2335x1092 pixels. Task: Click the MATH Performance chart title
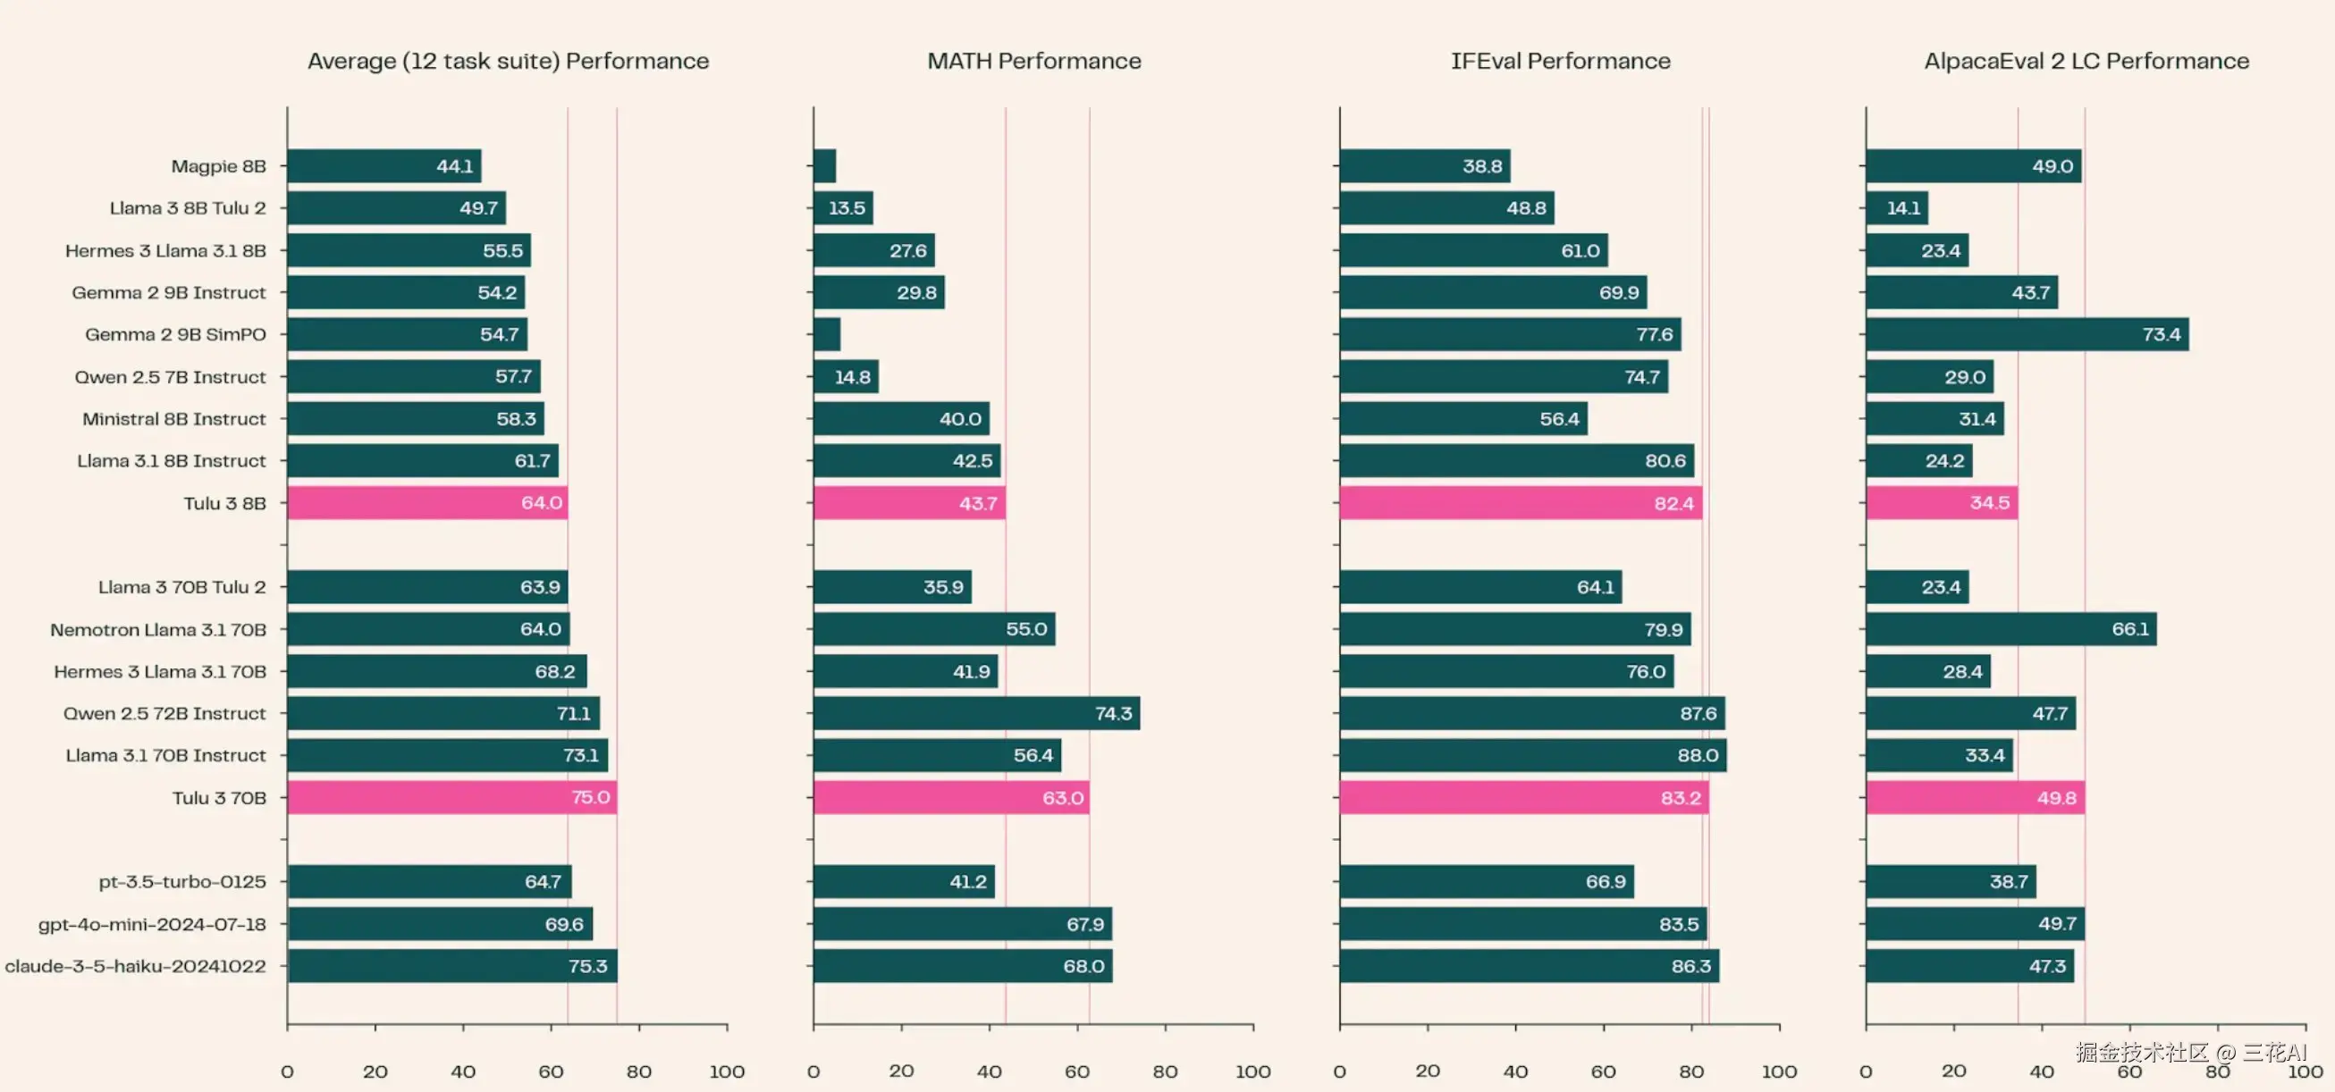[x=1033, y=61]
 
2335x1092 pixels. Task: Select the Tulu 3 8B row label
[x=224, y=503]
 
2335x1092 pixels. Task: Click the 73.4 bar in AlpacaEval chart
[x=2027, y=334]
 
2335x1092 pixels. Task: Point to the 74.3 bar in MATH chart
[x=976, y=713]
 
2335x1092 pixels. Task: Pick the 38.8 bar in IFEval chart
[x=1424, y=166]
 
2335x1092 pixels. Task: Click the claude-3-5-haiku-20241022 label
[x=136, y=966]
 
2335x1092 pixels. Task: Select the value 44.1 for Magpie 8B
[x=455, y=166]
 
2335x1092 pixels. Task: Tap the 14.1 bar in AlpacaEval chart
[x=1896, y=208]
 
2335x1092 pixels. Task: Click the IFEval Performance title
[x=1560, y=61]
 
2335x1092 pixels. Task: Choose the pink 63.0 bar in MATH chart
[x=951, y=797]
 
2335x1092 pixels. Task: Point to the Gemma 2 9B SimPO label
[x=176, y=334]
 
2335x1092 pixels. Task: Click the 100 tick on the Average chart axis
[x=727, y=1071]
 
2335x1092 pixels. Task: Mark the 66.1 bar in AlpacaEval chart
[x=2010, y=629]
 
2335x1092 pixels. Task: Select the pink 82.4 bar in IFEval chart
[x=1520, y=503]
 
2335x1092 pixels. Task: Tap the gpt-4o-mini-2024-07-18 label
[x=152, y=924]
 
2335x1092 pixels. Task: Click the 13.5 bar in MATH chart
[x=843, y=208]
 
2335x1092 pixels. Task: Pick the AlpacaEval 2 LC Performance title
[x=2086, y=61]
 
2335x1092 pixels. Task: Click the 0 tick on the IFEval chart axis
[x=1340, y=1071]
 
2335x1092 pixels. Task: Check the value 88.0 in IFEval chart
[x=1697, y=756]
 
